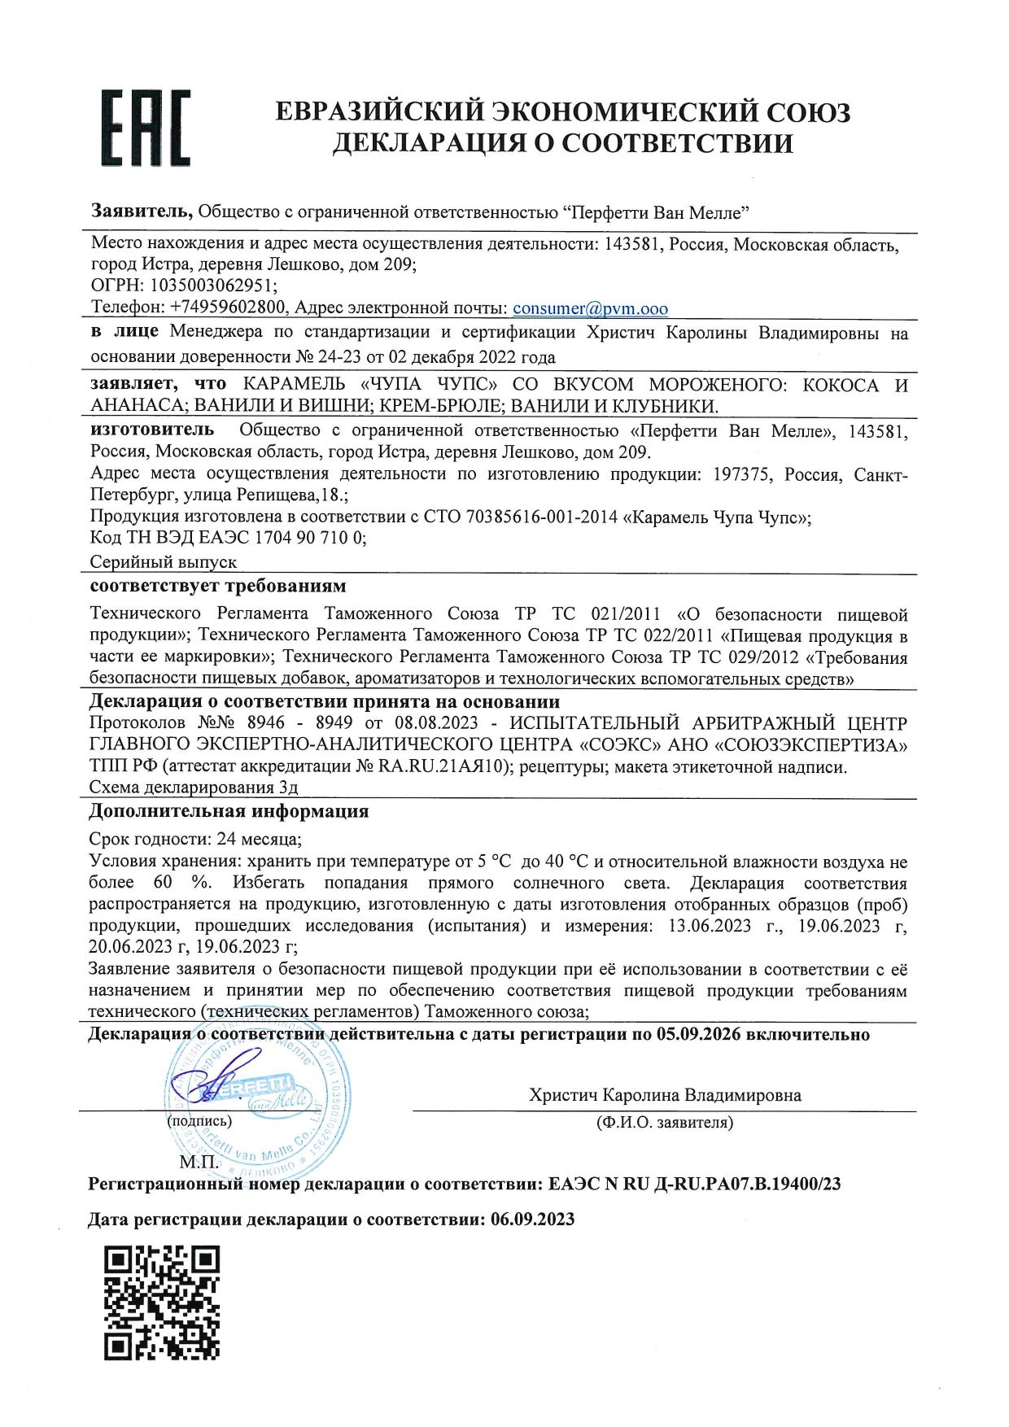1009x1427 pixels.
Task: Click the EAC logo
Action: (146, 128)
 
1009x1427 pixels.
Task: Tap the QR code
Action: (163, 1302)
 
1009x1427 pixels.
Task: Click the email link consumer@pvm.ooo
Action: (590, 308)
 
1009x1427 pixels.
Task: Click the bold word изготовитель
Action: (152, 430)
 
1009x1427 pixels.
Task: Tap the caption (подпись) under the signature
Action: (199, 1121)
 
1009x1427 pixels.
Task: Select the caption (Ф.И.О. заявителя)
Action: (664, 1123)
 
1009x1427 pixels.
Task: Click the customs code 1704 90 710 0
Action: (310, 538)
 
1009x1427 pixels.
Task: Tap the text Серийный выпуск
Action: (164, 562)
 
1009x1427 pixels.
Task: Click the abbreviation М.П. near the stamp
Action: (198, 1162)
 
